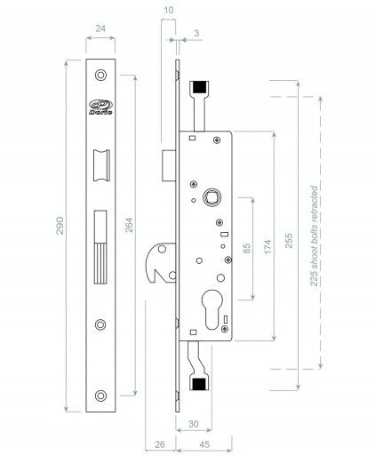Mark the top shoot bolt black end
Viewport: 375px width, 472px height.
pos(201,86)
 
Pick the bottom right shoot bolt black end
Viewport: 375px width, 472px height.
pos(201,384)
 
